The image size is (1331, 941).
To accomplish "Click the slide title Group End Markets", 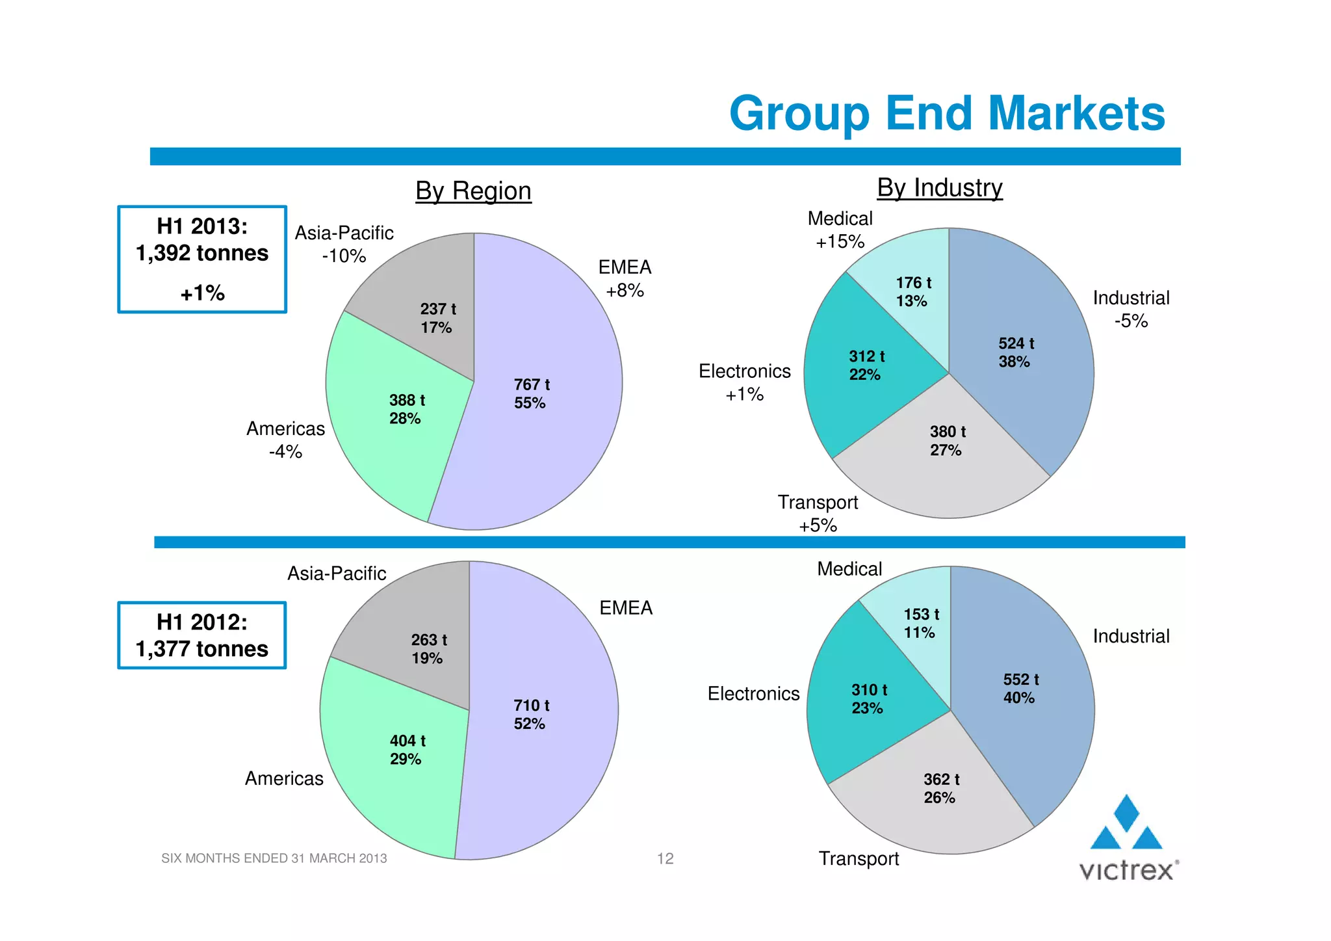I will click(947, 114).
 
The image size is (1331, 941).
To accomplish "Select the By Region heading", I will click(473, 191).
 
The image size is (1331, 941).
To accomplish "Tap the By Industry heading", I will click(939, 188).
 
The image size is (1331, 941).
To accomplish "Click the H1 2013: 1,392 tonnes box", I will click(202, 259).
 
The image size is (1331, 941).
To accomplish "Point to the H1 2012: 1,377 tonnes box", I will click(202, 635).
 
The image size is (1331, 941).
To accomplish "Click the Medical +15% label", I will click(840, 230).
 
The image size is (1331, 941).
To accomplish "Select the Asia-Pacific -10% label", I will click(344, 245).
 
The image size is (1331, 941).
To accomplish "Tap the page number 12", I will click(665, 858).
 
